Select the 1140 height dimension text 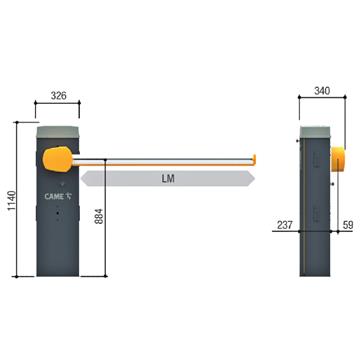point(10,200)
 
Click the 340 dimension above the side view point(320,91)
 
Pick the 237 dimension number point(284,225)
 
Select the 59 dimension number point(346,225)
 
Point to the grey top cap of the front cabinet point(56,130)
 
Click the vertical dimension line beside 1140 point(19,200)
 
